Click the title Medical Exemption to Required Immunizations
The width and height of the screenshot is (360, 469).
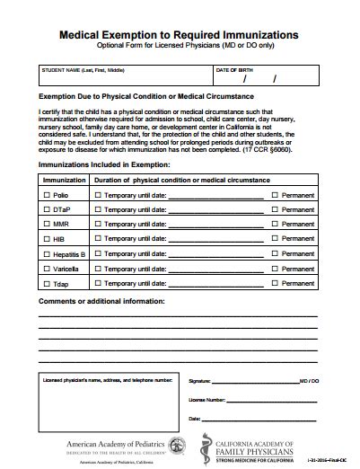[x=180, y=33]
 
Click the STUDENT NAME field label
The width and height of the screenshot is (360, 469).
[x=82, y=69]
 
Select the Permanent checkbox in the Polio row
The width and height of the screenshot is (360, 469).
[x=276, y=194]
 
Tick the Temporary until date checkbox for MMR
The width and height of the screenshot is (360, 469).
[x=99, y=224]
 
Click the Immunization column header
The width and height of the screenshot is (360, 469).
[x=65, y=180]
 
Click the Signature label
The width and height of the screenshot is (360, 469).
[x=199, y=381]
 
